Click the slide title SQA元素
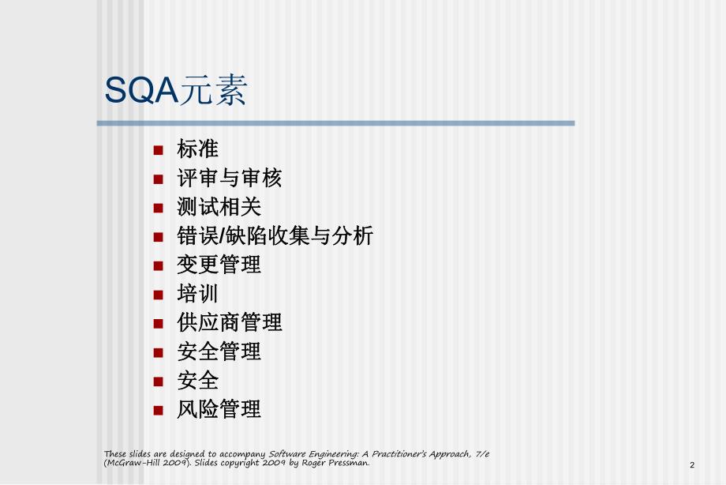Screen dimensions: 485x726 (175, 91)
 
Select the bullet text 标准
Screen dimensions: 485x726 (197, 149)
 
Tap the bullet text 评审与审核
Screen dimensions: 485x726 (229, 178)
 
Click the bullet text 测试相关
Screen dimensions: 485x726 (219, 207)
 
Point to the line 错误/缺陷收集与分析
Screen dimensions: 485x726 (275, 235)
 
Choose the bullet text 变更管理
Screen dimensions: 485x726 (219, 265)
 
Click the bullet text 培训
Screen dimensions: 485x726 (197, 294)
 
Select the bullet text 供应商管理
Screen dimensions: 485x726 (229, 322)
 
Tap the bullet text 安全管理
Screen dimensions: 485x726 (219, 352)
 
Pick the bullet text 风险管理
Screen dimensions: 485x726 (219, 409)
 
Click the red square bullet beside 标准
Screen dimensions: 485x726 (159, 149)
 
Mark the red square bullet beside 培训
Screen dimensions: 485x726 (159, 295)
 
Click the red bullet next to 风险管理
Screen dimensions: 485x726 (159, 410)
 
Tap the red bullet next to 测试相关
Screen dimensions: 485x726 (159, 208)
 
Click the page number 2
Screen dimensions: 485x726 (692, 465)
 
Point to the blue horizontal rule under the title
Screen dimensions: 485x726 (335, 123)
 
